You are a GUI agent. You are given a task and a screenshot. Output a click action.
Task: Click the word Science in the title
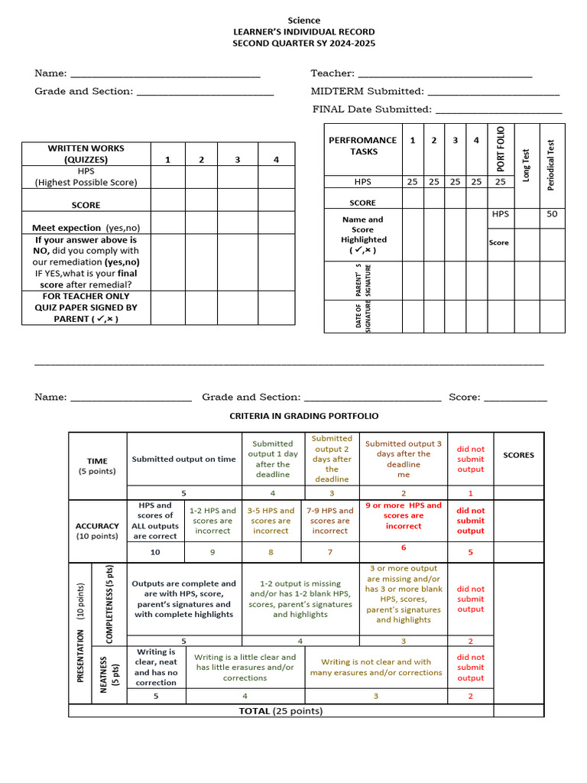[x=303, y=20]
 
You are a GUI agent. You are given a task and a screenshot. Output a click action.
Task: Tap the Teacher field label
[x=332, y=73]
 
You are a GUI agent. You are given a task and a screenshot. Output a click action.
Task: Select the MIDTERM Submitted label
[x=367, y=91]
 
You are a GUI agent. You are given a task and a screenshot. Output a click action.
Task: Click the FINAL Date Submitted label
[x=371, y=109]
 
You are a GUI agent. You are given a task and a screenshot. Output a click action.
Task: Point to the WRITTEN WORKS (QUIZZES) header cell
[x=86, y=154]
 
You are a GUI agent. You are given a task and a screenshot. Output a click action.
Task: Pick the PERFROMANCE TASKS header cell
[x=362, y=145]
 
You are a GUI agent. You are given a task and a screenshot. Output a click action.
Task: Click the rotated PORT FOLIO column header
[x=501, y=149]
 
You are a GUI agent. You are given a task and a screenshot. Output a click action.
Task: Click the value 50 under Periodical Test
[x=551, y=214]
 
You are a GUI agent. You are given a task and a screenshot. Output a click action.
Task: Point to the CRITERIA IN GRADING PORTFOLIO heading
[x=304, y=416]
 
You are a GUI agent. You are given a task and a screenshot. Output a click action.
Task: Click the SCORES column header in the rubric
[x=518, y=455]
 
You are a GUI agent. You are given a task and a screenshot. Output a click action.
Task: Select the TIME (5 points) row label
[x=97, y=466]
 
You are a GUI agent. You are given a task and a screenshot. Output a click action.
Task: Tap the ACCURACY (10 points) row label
[x=97, y=531]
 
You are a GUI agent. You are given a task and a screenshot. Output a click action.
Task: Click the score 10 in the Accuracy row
[x=155, y=552]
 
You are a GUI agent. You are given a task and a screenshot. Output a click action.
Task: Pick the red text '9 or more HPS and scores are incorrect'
[x=404, y=515]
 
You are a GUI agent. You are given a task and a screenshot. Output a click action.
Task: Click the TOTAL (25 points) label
[x=281, y=710]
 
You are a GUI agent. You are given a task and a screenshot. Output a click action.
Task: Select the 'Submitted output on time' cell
[x=183, y=459]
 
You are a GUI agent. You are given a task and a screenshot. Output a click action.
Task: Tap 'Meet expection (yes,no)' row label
[x=86, y=228]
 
